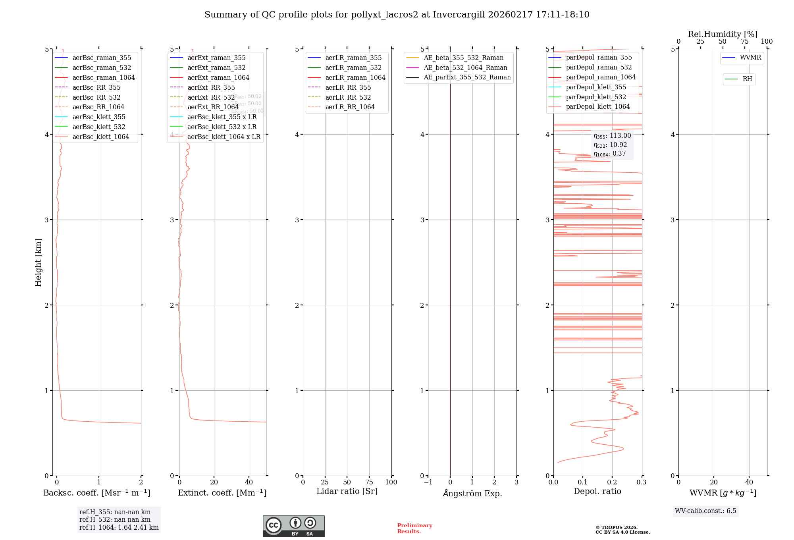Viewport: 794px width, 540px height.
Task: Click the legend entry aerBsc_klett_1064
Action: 100,137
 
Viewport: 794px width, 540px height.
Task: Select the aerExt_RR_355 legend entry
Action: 211,87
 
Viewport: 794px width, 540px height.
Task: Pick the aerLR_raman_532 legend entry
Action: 353,67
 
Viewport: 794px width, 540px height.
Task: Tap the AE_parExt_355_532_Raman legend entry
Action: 467,77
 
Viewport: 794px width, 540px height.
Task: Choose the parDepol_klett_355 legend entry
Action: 595,87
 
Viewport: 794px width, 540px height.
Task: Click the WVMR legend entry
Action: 750,58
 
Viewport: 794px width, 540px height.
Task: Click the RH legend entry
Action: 747,79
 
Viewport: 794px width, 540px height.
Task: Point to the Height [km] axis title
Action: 38,262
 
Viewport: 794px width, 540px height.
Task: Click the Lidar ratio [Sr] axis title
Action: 347,491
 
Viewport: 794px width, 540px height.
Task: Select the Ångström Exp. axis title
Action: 472,493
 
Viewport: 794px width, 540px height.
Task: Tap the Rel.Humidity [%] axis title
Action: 723,34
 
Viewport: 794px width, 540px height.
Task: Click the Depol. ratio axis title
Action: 597,491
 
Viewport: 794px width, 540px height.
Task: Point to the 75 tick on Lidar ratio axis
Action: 369,482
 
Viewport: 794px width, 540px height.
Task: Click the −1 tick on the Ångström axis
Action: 428,482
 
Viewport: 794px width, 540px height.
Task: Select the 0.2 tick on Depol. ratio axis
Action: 612,482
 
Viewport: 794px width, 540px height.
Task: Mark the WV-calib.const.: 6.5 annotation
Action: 705,511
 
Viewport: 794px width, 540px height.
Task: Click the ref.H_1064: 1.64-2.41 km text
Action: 119,527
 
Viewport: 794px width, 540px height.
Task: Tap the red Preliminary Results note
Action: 414,528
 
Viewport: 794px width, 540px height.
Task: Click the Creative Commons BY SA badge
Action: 293,526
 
